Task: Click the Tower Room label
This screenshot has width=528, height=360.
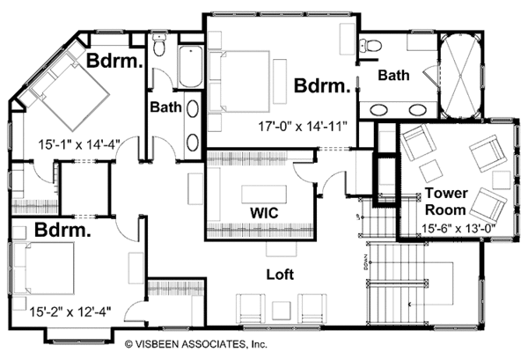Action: (450, 202)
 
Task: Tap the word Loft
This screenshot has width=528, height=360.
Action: (280, 274)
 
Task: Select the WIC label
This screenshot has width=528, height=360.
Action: (259, 212)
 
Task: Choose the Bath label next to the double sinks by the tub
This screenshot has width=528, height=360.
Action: (392, 76)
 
